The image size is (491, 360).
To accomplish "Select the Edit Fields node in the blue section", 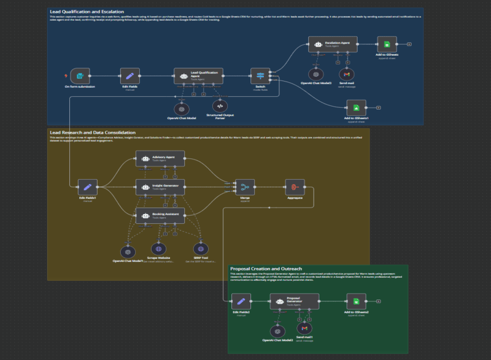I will (x=129, y=76).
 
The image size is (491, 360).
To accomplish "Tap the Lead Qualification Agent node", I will (x=198, y=76).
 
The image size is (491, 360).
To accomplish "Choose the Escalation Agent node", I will (x=333, y=45).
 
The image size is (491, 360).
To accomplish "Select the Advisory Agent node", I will (x=160, y=159).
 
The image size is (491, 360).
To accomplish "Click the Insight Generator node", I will (x=160, y=186).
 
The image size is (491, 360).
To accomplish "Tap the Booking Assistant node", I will (x=160, y=215).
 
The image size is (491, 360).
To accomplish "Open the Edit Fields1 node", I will (x=88, y=186).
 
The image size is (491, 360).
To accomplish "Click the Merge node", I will (x=245, y=187).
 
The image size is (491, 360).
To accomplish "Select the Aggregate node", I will (x=295, y=186).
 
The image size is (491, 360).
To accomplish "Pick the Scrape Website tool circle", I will (x=158, y=250).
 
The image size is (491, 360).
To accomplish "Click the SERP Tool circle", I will (x=199, y=249).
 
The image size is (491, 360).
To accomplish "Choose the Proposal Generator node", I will (x=295, y=302).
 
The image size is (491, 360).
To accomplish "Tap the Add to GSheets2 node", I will (x=356, y=302).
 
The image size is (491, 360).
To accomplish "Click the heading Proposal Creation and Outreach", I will (x=267, y=269).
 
